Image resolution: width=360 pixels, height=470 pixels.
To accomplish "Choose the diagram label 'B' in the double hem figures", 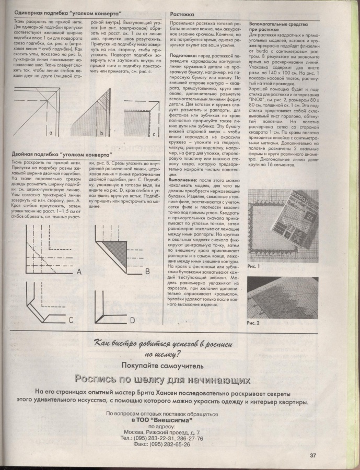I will point(147,272).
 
